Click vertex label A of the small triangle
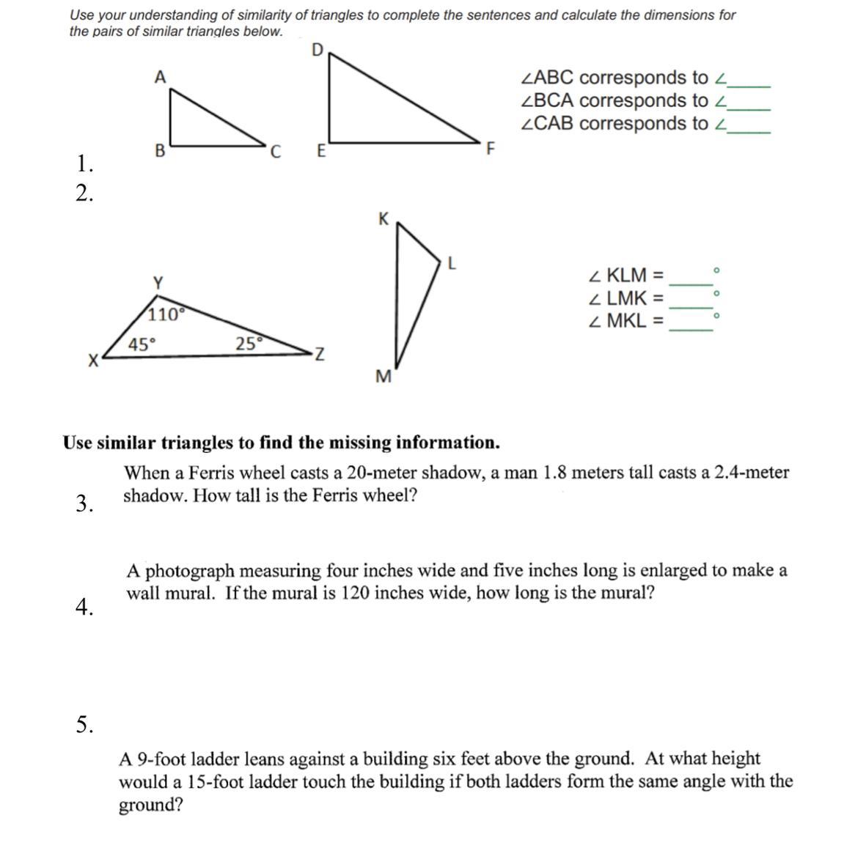[x=160, y=77]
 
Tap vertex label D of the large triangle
[x=318, y=50]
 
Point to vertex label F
[x=491, y=150]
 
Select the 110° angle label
[x=164, y=315]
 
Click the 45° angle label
[x=142, y=344]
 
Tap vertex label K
[x=383, y=218]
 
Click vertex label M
[x=383, y=377]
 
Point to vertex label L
[x=452, y=263]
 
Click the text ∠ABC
[x=548, y=78]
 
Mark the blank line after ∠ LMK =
[x=691, y=307]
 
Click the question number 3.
[x=84, y=503]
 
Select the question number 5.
[x=84, y=725]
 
